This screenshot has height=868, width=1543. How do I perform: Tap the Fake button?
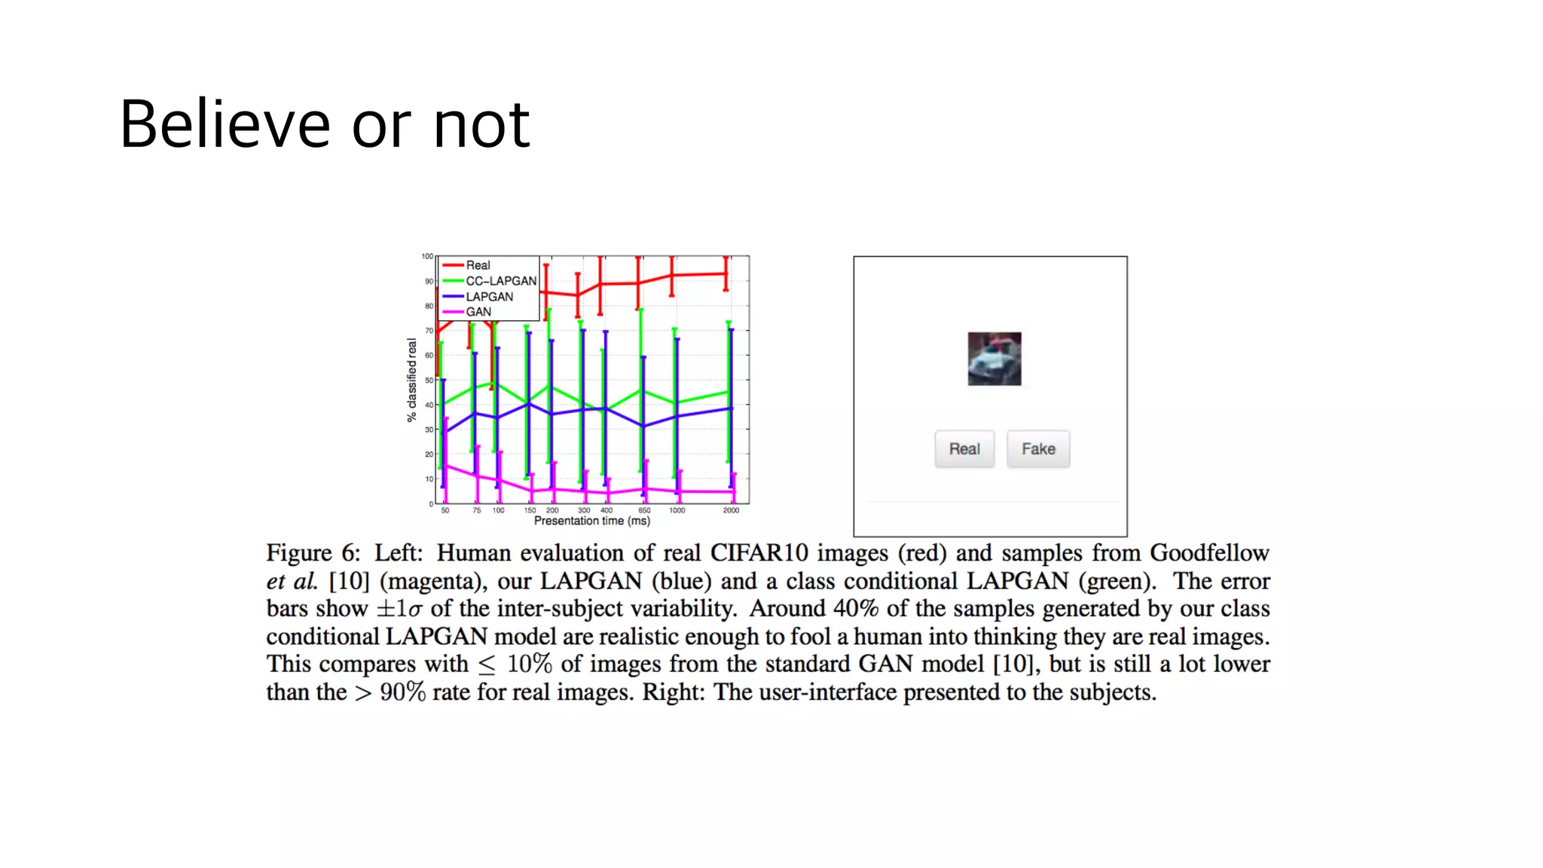[x=1037, y=449]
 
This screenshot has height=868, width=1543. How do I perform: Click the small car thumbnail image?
[x=994, y=359]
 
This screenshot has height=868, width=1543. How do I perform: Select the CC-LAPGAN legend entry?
[x=500, y=281]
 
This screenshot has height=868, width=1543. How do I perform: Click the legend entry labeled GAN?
[x=478, y=312]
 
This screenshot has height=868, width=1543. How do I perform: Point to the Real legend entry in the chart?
[x=478, y=265]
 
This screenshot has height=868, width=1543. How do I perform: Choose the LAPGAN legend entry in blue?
[x=489, y=297]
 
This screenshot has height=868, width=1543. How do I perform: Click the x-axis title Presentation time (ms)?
[x=591, y=521]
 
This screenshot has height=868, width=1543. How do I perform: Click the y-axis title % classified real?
[x=411, y=380]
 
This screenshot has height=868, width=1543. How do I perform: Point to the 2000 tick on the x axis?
[x=731, y=511]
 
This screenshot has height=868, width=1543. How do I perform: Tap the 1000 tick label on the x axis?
[x=677, y=511]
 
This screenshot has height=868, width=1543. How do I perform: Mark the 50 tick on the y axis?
[x=429, y=381]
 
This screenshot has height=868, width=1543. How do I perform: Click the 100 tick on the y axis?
[x=427, y=256]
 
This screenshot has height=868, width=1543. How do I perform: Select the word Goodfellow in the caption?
[x=1208, y=553]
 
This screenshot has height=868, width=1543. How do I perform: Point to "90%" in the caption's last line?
[x=402, y=692]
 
